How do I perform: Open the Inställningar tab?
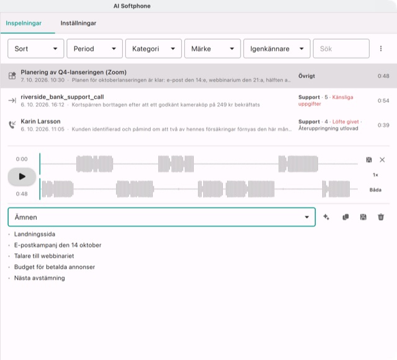(78, 24)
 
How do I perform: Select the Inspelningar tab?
(24, 24)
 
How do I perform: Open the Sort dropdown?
(36, 48)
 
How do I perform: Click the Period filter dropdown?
(95, 48)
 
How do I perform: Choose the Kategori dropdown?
(153, 48)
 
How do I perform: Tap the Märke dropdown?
(212, 48)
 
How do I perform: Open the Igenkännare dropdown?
(277, 48)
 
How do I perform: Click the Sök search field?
(341, 48)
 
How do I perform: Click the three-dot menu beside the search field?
(381, 48)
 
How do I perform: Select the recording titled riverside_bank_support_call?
(62, 97)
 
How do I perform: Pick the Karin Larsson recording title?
(40, 121)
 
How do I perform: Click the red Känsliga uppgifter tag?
(326, 100)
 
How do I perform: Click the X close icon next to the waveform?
(382, 160)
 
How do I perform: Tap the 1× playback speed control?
(375, 175)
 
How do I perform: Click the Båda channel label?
(375, 190)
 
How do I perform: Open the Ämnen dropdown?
(161, 217)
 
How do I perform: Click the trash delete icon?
(381, 217)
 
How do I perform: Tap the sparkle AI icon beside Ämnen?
(326, 217)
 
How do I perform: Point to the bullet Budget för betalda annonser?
(55, 267)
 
